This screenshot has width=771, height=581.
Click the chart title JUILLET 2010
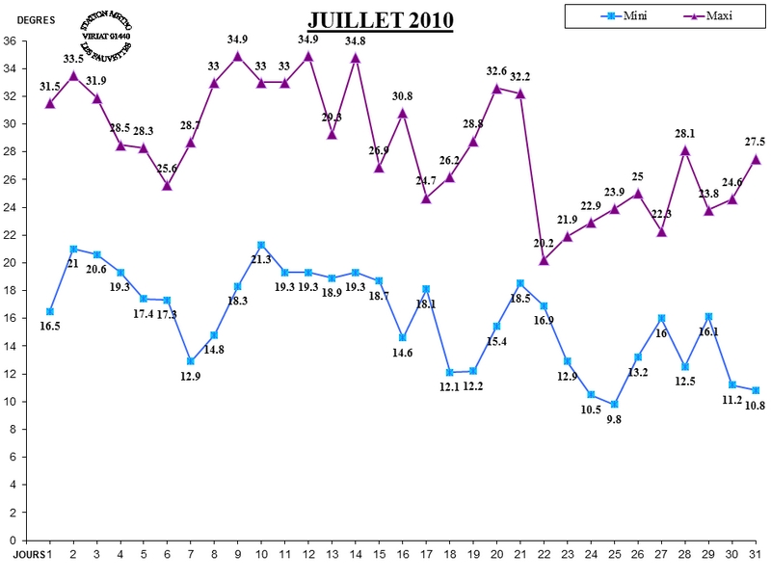click(381, 21)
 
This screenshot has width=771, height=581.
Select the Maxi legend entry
click(713, 15)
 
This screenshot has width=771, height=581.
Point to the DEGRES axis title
click(37, 19)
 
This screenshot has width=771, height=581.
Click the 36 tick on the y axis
click(9, 41)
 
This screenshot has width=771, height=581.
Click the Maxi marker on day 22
click(544, 259)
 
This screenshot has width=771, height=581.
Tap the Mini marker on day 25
click(614, 404)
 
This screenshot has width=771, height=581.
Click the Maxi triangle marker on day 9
click(238, 55)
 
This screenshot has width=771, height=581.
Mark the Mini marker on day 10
click(261, 245)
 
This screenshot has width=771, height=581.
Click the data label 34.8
click(356, 40)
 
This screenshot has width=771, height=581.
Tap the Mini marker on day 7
click(191, 361)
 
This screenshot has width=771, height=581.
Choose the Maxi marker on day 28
click(685, 149)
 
